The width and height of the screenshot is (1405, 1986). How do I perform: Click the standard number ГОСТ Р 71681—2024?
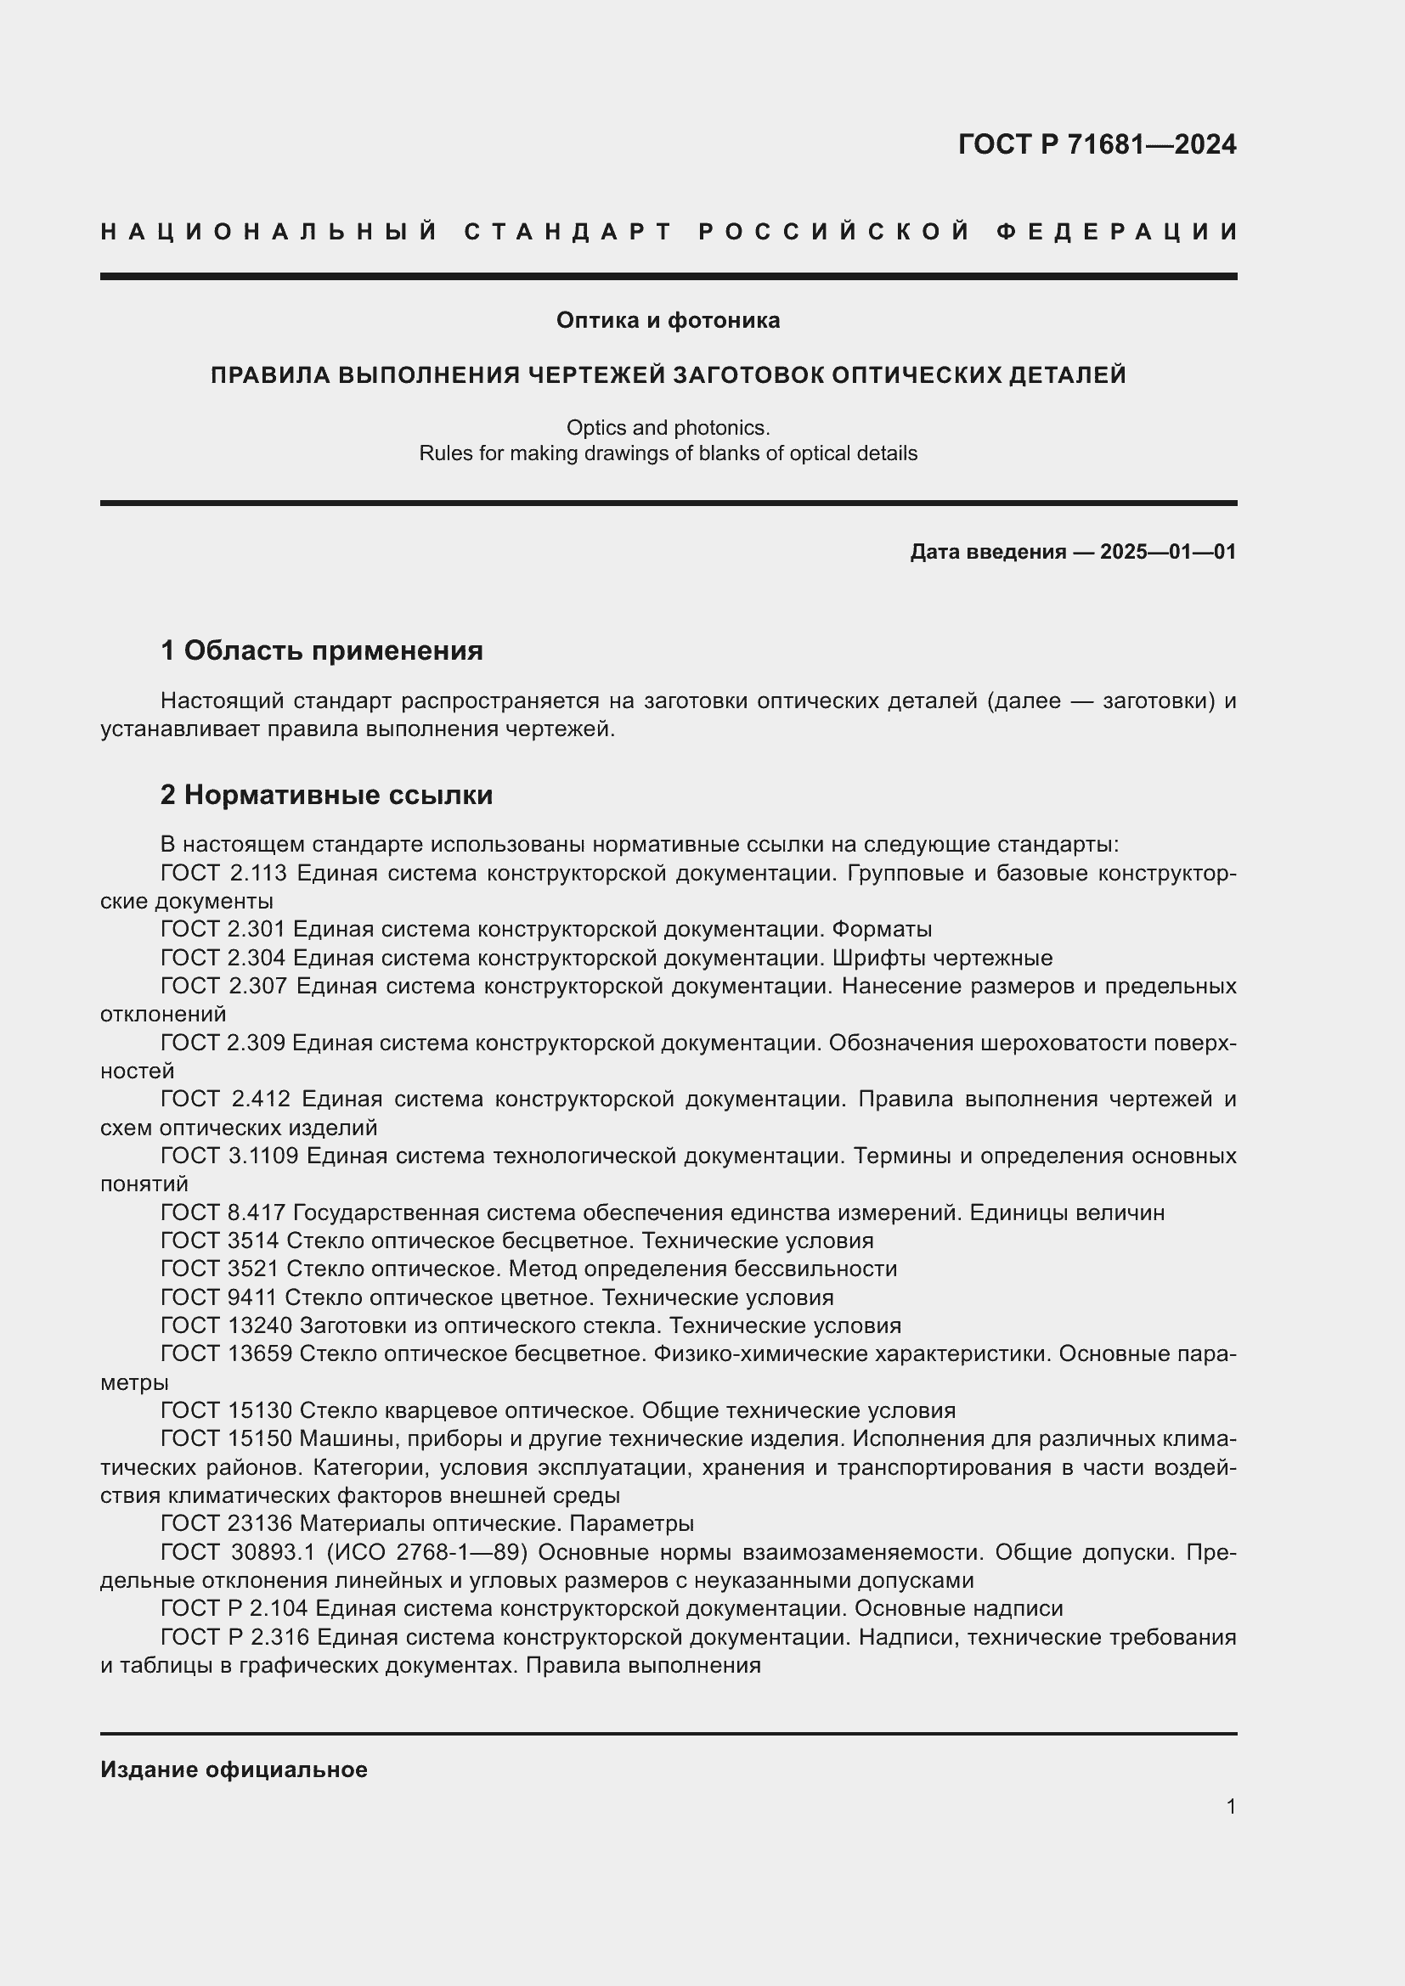(x=1097, y=144)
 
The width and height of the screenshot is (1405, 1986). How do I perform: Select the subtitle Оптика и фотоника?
(x=668, y=321)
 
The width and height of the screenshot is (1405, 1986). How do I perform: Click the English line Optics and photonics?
(x=668, y=427)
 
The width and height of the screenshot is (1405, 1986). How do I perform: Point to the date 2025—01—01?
(x=1168, y=552)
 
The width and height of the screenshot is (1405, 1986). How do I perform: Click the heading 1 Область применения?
(x=322, y=650)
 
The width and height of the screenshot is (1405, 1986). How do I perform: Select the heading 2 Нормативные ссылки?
(x=326, y=795)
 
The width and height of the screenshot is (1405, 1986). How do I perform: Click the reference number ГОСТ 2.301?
(x=223, y=930)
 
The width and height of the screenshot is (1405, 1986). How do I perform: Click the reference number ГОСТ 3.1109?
(x=229, y=1156)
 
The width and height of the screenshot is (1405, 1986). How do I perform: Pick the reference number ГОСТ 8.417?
(x=223, y=1213)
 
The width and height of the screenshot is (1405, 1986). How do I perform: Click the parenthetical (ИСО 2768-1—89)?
(x=426, y=1553)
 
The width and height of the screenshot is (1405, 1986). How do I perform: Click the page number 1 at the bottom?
(x=1230, y=1807)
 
